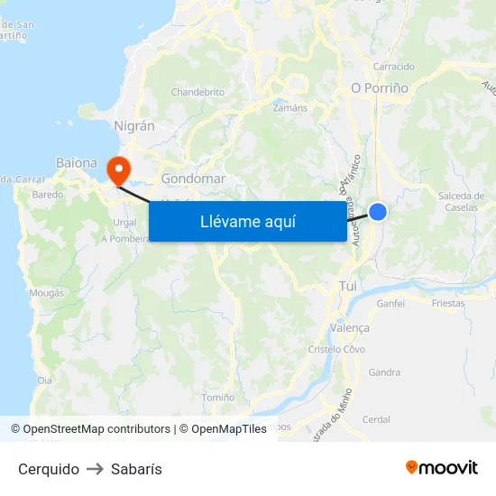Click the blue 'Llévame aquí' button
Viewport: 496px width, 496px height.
(248, 221)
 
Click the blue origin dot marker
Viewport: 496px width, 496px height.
(378, 212)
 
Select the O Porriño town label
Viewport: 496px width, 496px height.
(380, 88)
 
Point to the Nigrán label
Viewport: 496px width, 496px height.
(134, 126)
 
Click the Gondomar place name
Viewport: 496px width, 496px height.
(193, 179)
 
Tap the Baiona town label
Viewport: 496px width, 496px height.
(77, 163)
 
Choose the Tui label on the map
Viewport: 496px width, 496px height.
(348, 286)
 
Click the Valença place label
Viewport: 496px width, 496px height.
(350, 328)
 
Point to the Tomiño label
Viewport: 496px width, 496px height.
(218, 397)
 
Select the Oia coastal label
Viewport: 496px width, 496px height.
(44, 381)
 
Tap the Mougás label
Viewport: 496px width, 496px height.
(46, 293)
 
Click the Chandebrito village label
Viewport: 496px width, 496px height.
(197, 92)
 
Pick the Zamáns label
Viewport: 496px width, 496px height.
(289, 107)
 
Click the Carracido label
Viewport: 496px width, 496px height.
(394, 67)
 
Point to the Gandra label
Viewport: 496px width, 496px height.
(384, 372)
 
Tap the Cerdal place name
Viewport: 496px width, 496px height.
(376, 419)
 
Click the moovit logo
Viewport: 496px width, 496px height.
(442, 467)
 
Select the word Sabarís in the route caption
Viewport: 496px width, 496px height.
(136, 469)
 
